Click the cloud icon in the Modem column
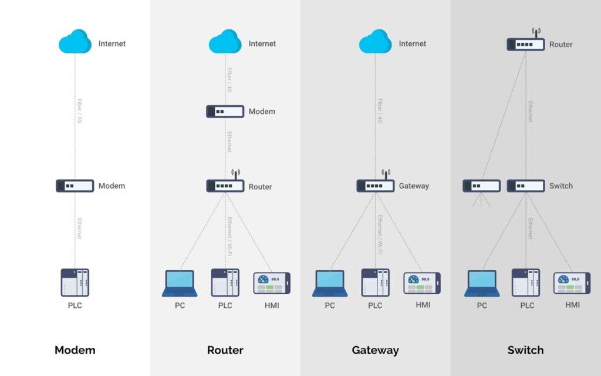point(75,42)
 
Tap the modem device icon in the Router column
point(225,111)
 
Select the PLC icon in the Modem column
point(75,283)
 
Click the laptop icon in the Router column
point(180,283)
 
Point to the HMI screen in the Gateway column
point(421,283)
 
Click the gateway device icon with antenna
point(375,185)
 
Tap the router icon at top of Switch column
point(525,43)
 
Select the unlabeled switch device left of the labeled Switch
point(481,186)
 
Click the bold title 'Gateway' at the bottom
point(375,350)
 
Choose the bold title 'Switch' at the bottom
point(525,350)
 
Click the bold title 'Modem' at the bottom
point(75,350)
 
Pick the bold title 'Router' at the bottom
point(225,350)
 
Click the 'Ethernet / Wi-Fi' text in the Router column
point(229,235)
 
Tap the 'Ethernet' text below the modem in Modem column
point(79,228)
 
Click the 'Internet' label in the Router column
point(262,43)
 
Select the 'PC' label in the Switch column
point(482,305)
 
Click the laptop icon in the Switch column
point(482,283)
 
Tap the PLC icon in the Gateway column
point(375,283)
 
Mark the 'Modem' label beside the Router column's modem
point(262,112)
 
